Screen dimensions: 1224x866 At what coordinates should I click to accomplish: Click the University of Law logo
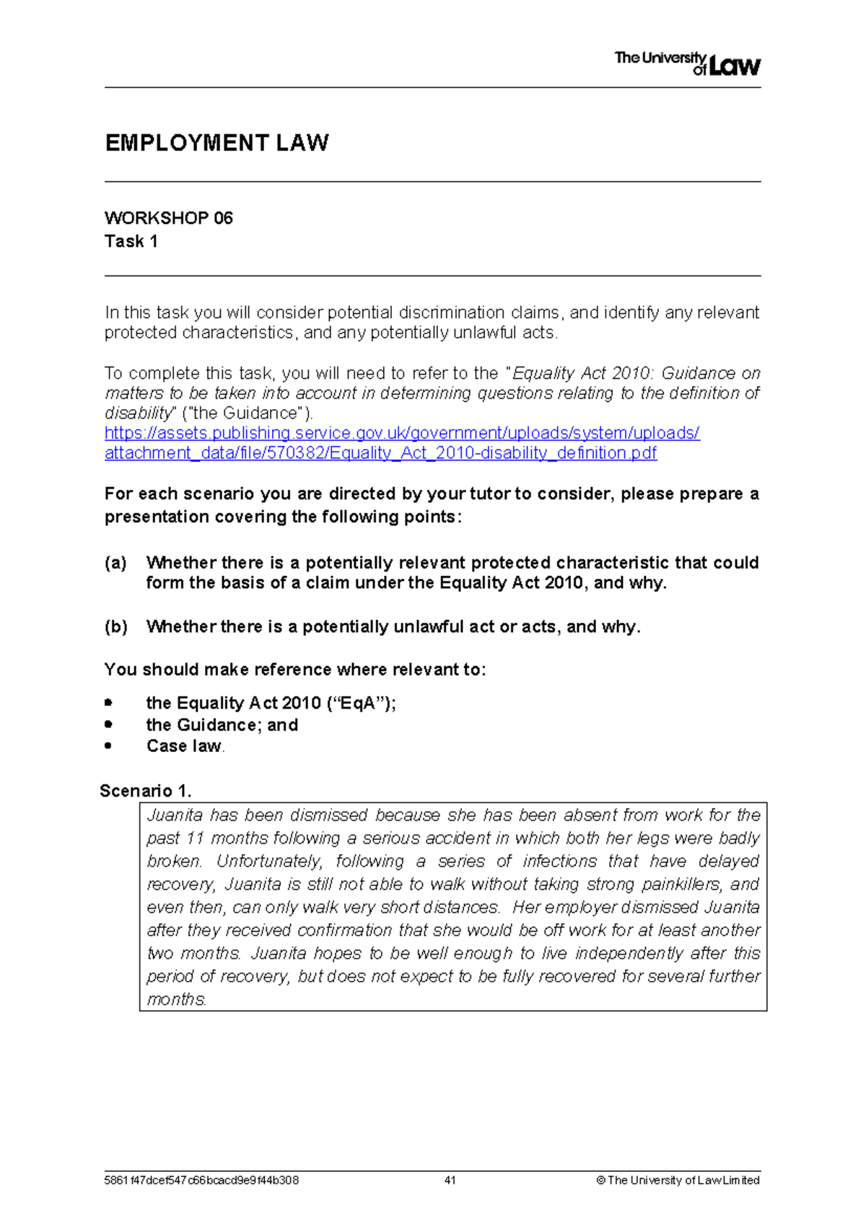tap(687, 64)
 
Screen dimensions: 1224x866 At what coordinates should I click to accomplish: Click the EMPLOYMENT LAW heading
tap(216, 143)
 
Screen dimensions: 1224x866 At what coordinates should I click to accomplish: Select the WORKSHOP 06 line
tap(168, 218)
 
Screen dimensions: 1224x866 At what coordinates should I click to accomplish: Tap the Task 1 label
tap(131, 241)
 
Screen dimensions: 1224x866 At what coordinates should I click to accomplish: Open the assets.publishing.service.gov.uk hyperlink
tap(402, 433)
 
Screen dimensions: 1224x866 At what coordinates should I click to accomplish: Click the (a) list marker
tap(115, 563)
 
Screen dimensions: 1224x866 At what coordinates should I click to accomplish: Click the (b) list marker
tap(115, 626)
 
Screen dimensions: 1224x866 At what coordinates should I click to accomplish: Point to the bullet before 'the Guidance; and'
tap(108, 724)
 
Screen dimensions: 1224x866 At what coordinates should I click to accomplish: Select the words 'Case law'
tap(183, 746)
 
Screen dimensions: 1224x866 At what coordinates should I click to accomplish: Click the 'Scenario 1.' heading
tap(145, 791)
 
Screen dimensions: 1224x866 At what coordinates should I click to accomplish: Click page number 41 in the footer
tap(450, 1181)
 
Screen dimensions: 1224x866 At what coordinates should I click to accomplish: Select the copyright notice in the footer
tap(678, 1181)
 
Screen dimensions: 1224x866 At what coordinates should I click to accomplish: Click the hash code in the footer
tap(201, 1181)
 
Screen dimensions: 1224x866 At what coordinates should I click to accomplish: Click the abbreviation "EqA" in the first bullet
tap(361, 704)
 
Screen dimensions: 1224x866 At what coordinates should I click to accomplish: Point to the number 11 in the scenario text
tap(196, 839)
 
